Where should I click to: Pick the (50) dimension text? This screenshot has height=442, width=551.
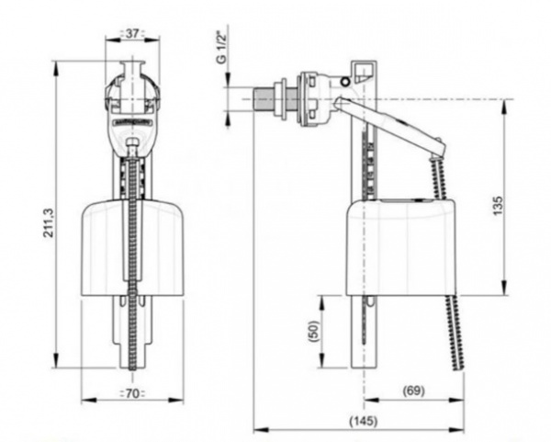tap(313, 330)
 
